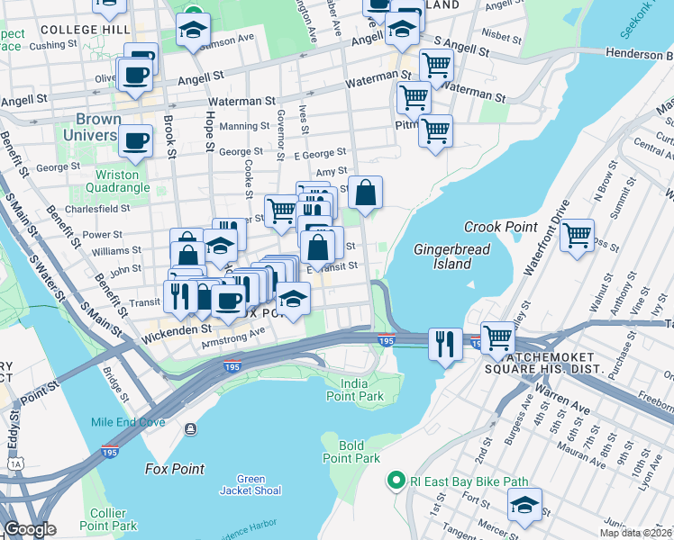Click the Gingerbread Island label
pyautogui.click(x=442, y=256)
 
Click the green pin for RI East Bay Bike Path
pyautogui.click(x=393, y=481)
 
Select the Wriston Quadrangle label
pyautogui.click(x=118, y=182)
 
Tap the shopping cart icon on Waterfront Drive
pyautogui.click(x=577, y=236)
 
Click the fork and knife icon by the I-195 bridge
pyautogui.click(x=445, y=343)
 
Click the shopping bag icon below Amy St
pyautogui.click(x=365, y=193)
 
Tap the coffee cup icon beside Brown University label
pyautogui.click(x=136, y=140)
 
